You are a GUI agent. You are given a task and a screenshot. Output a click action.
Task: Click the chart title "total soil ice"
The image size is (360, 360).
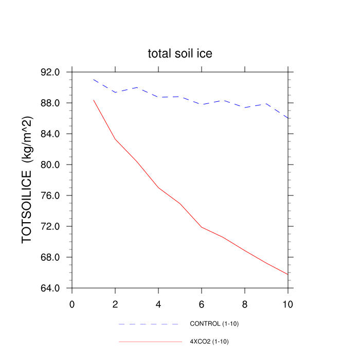click(x=180, y=53)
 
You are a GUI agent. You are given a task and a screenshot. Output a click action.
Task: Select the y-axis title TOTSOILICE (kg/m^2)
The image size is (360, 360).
click(x=27, y=179)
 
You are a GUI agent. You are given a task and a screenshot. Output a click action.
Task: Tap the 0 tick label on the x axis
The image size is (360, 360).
click(x=72, y=304)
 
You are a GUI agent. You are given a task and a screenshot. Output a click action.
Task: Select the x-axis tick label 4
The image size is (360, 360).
click(x=158, y=304)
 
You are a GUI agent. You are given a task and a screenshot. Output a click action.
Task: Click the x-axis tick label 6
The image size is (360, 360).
click(x=202, y=304)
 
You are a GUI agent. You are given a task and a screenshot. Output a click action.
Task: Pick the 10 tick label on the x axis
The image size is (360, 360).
click(x=288, y=304)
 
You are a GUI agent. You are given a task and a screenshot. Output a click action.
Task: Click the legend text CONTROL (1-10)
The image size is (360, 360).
click(x=214, y=324)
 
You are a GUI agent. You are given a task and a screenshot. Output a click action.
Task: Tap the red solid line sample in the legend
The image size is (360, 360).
click(x=150, y=341)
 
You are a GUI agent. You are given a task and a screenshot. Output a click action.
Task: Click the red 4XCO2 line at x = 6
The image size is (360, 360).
click(x=202, y=227)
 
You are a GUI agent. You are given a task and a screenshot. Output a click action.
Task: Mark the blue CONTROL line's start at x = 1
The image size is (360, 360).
click(x=94, y=80)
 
